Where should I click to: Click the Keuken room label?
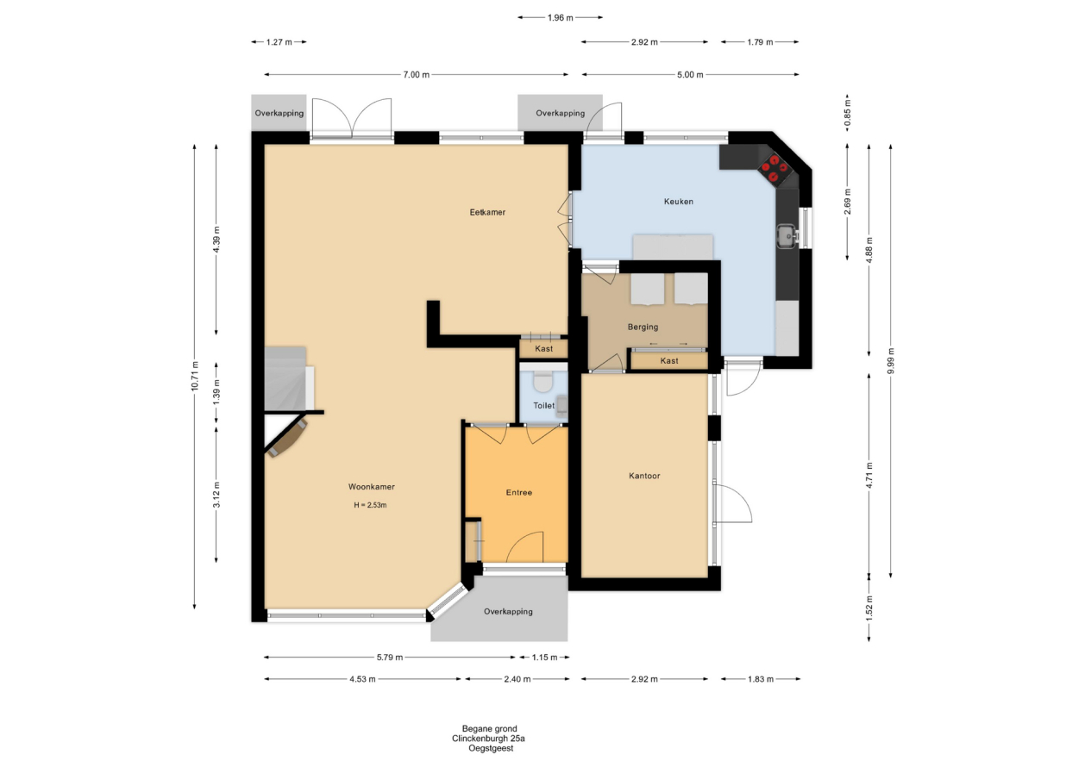click(x=678, y=202)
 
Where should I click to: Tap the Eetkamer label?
click(x=487, y=212)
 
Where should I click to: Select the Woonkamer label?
click(x=372, y=487)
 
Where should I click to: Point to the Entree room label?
click(x=518, y=493)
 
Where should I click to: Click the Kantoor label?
click(x=644, y=476)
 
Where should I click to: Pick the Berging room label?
click(x=643, y=327)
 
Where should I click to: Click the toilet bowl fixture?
click(x=542, y=381)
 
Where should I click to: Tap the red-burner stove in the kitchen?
click(x=774, y=168)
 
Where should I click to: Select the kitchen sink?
click(x=788, y=235)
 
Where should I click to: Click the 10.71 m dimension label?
click(x=195, y=377)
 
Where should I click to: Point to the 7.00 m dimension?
click(x=416, y=74)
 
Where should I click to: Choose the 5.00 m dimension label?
click(x=690, y=74)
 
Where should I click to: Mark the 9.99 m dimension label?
click(x=891, y=360)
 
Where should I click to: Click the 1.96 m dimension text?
click(x=561, y=18)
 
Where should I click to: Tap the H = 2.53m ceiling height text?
click(x=370, y=505)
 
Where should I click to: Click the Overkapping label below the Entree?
click(x=508, y=612)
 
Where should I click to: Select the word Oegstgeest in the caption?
click(x=491, y=748)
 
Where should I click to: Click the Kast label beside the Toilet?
click(x=544, y=348)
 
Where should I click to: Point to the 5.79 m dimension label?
click(x=390, y=658)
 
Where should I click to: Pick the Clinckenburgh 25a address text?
click(x=488, y=739)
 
